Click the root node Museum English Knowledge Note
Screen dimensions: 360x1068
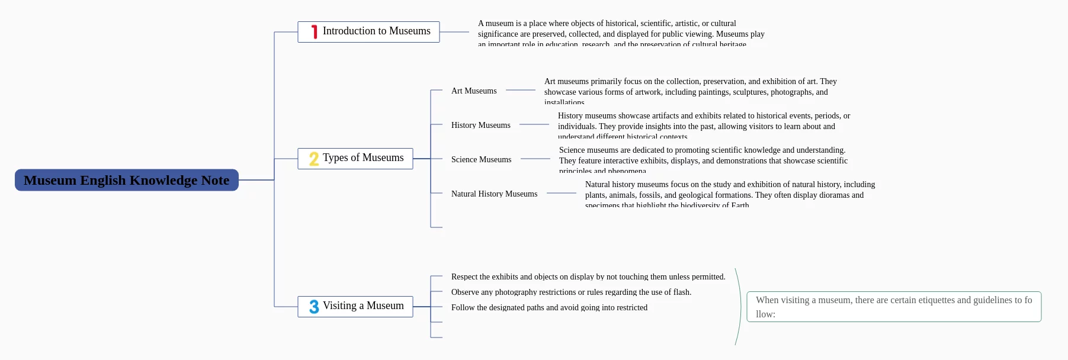[126, 180]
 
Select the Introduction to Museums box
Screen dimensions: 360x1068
[368, 31]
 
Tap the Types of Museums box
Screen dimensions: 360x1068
[355, 158]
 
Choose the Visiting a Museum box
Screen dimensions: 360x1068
[355, 306]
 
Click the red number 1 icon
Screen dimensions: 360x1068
[314, 32]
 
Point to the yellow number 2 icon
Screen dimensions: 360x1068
[314, 159]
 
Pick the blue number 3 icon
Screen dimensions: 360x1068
[314, 307]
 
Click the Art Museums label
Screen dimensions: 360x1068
[474, 91]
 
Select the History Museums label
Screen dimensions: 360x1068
[480, 125]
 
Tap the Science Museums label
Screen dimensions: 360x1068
[481, 159]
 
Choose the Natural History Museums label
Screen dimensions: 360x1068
[494, 194]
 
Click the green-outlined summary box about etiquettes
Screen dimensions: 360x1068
[894, 307]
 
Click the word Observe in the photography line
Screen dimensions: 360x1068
[466, 292]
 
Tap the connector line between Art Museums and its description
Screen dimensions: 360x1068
[521, 90]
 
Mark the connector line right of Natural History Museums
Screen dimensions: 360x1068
[561, 193]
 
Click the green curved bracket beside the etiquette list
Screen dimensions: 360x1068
[740, 307]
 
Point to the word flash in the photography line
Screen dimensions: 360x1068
[681, 292]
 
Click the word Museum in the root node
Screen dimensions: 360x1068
[50, 180]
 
